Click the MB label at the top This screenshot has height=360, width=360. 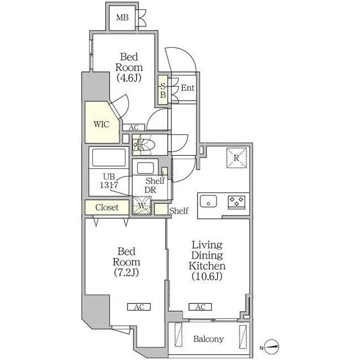(122, 17)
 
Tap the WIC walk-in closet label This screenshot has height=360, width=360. (101, 124)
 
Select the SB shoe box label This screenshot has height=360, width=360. (163, 90)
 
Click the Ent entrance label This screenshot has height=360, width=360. (187, 88)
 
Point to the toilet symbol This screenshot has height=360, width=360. (145, 145)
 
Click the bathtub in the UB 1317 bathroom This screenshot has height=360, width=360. (109, 157)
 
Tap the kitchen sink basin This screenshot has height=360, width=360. (208, 201)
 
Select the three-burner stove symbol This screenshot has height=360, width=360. (236, 202)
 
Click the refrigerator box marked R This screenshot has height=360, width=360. (236, 158)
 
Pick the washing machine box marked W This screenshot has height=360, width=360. (142, 206)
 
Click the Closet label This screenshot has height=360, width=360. (107, 208)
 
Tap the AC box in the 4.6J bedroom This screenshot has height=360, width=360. (134, 128)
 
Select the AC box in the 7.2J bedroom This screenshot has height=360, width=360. (139, 307)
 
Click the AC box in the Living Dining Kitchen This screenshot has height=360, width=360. (200, 307)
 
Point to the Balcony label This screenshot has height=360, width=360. (209, 339)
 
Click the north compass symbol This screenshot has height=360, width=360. (272, 346)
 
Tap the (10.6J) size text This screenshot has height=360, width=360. (207, 276)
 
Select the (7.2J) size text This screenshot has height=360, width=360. (126, 272)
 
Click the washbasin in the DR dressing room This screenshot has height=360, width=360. (145, 168)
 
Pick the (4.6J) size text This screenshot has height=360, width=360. (129, 78)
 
